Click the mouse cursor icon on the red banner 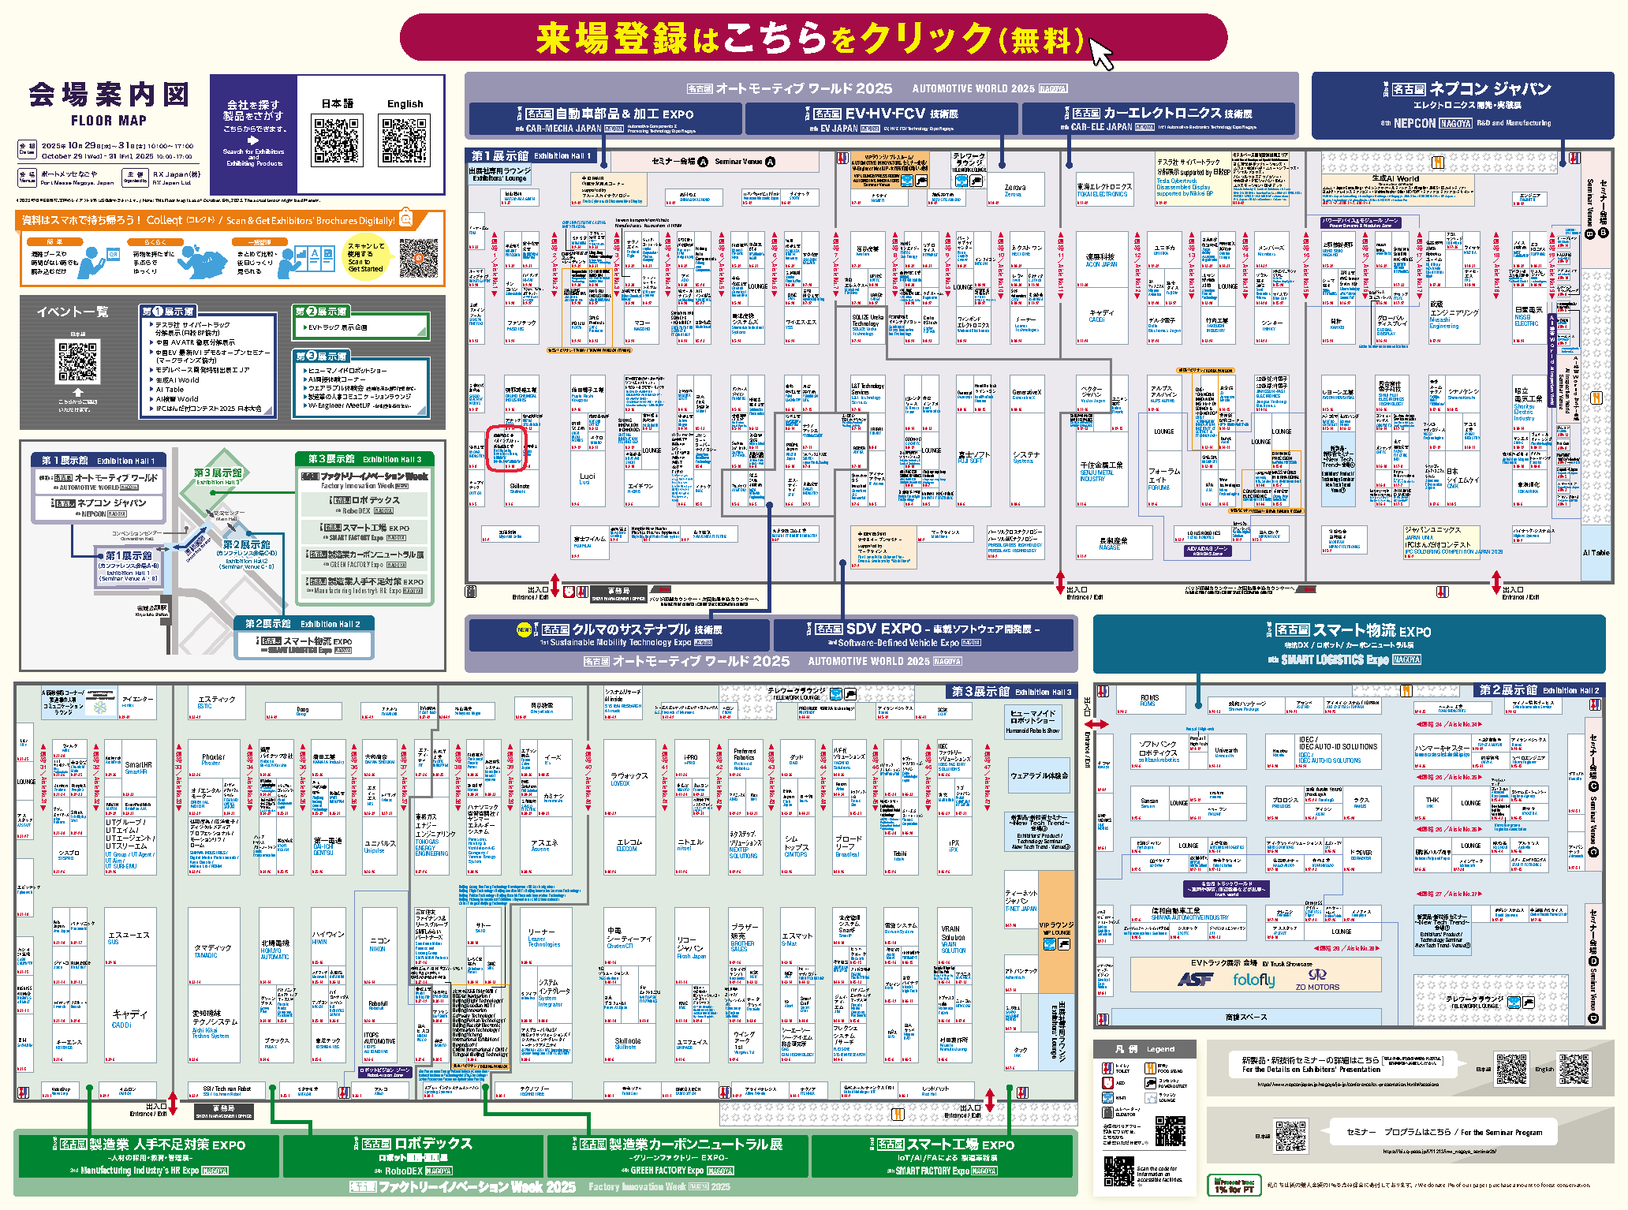pos(1100,54)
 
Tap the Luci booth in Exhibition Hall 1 pos(587,478)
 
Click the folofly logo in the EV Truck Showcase pos(1253,980)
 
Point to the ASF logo pos(1195,979)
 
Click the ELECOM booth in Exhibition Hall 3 pos(627,845)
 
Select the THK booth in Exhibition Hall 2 pos(1432,802)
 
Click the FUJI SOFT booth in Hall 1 pos(974,457)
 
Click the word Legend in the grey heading pos(1160,1049)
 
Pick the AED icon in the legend pos(1107,1083)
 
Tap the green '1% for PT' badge pos(1234,1185)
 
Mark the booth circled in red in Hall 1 pos(506,449)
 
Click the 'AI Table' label pos(1596,552)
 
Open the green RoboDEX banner pos(413,1156)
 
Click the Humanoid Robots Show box pos(1032,721)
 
